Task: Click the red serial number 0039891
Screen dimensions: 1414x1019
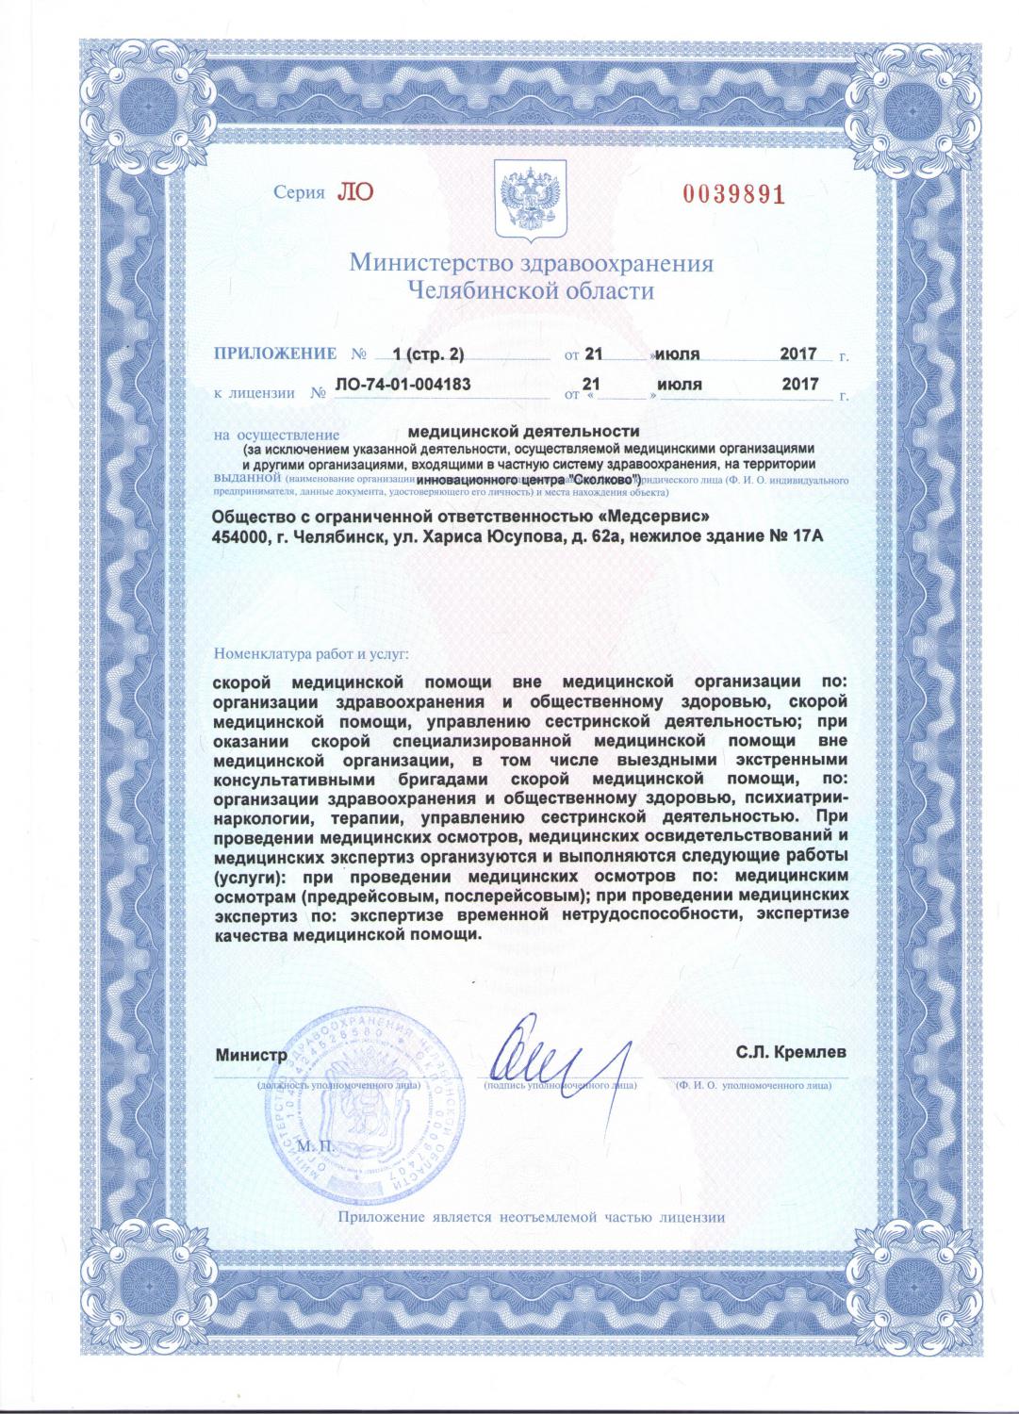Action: pos(733,195)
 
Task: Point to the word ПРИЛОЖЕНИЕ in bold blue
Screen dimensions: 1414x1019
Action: pos(275,353)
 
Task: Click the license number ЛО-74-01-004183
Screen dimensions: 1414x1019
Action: pos(403,385)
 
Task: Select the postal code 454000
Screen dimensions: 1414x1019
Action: pos(242,536)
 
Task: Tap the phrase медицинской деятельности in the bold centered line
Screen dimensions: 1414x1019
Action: pos(534,433)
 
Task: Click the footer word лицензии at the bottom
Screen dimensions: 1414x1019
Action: pos(692,1217)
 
